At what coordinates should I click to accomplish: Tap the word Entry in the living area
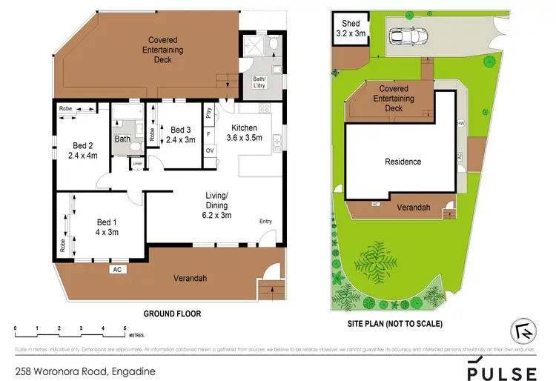265,222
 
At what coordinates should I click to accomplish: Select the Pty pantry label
210,114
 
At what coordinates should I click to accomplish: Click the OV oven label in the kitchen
210,150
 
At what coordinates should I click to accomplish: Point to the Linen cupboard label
137,165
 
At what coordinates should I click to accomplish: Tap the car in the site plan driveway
405,36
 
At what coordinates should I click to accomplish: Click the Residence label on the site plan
403,161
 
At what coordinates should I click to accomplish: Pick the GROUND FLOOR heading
172,314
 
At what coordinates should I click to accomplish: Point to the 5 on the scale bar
125,328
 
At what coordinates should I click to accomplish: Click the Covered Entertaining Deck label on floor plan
162,49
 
